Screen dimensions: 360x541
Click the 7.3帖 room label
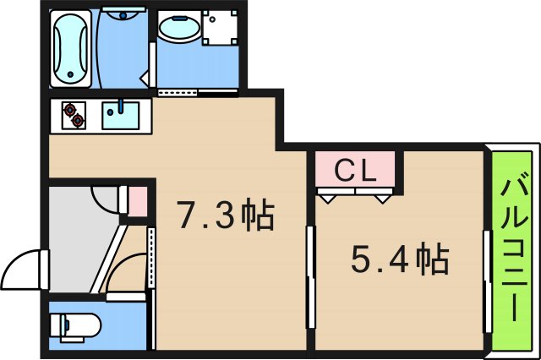click(225, 217)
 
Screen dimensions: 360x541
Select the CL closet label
click(355, 171)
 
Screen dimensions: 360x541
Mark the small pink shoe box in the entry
click(137, 201)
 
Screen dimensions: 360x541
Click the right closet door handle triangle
click(385, 197)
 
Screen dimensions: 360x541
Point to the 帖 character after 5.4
click(431, 259)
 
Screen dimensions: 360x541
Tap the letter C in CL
click(344, 171)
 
